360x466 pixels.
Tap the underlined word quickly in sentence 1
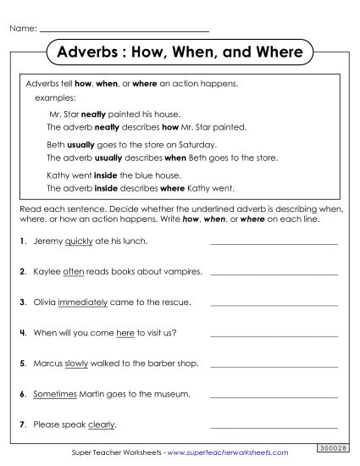coord(78,241)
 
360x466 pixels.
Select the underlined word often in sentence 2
coord(74,272)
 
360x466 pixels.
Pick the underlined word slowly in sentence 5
coord(77,363)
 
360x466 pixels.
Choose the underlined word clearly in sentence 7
coord(100,424)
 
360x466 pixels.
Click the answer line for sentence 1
coord(273,243)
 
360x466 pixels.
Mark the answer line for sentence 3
coord(273,303)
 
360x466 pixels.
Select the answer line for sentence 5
coord(273,364)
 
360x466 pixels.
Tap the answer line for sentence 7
coord(273,425)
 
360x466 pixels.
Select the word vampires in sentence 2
coord(183,272)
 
